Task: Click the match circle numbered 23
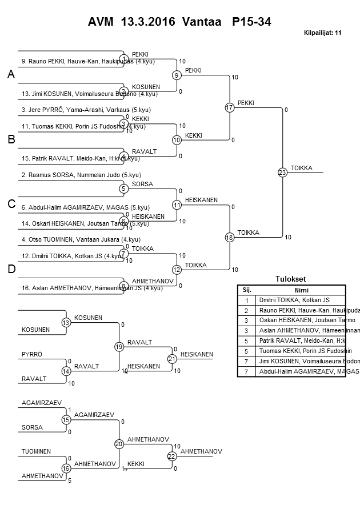[x=282, y=172]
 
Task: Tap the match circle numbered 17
[x=230, y=107]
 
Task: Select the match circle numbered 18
[x=230, y=237]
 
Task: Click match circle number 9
[x=177, y=75]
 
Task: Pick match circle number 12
[x=177, y=269]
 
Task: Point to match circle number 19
[x=119, y=347]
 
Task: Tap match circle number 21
[x=171, y=359]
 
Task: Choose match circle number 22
[x=171, y=456]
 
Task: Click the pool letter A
[x=10, y=74]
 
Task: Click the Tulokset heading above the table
[x=290, y=279]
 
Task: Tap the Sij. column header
[x=247, y=290]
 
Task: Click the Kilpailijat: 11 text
[x=323, y=33]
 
